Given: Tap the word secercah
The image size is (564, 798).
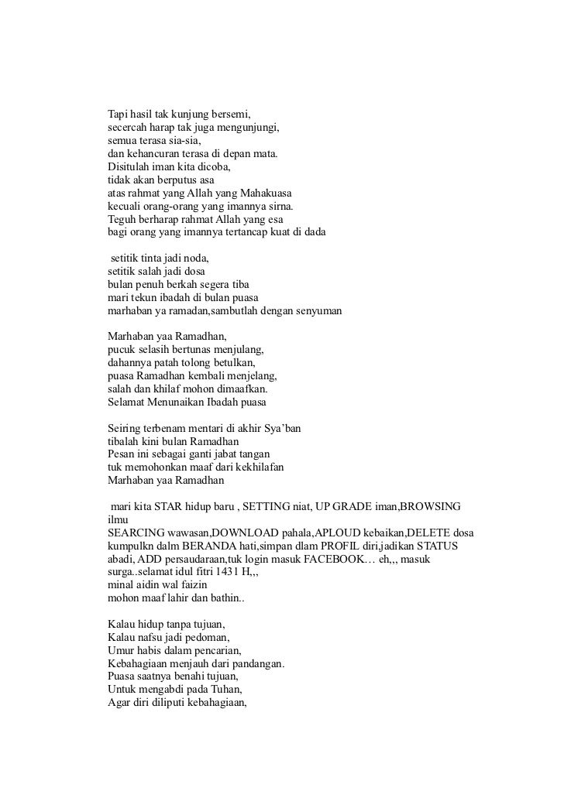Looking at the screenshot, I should [127, 128].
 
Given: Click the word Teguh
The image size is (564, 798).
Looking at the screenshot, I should [122, 218].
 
